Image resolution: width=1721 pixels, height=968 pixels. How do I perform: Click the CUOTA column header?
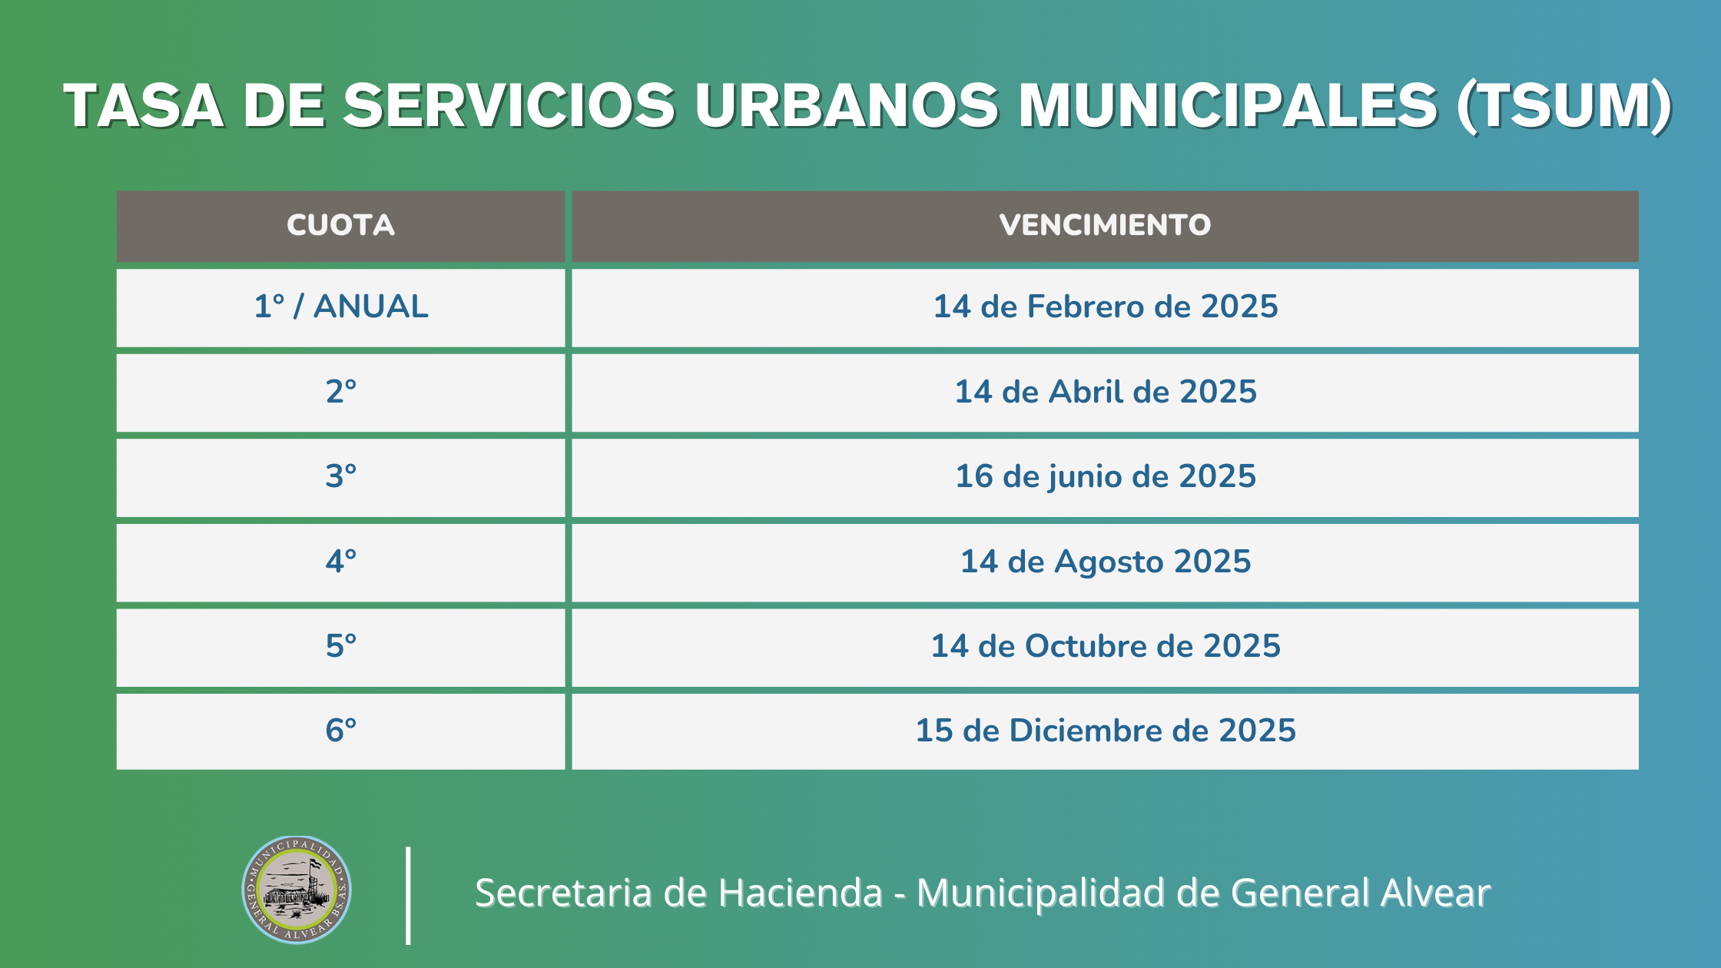[340, 225]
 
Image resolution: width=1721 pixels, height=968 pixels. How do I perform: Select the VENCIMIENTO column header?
[1105, 225]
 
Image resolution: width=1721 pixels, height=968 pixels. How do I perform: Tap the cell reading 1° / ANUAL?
[340, 307]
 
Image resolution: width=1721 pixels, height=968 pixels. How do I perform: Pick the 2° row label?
[340, 392]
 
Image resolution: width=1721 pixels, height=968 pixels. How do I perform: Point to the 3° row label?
[340, 476]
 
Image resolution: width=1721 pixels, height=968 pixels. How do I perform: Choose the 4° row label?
[340, 562]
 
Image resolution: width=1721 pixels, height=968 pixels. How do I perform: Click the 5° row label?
[340, 646]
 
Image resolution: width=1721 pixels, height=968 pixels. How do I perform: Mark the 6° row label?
[340, 731]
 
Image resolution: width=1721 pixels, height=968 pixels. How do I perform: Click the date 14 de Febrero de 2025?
[1105, 307]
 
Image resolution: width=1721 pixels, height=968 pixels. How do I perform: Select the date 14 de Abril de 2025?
[1105, 392]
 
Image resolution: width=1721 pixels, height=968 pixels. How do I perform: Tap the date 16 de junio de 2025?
[1105, 476]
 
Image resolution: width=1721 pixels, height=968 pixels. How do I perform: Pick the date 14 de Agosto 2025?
[1105, 562]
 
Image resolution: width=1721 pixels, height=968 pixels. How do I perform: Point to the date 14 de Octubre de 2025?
[1105, 646]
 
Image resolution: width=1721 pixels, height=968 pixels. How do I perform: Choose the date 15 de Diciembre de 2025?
[1105, 731]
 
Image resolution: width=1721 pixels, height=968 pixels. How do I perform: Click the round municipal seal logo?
[297, 890]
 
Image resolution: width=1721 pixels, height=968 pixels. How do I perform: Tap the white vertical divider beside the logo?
[408, 895]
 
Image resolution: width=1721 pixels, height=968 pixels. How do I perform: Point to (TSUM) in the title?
[1564, 106]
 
